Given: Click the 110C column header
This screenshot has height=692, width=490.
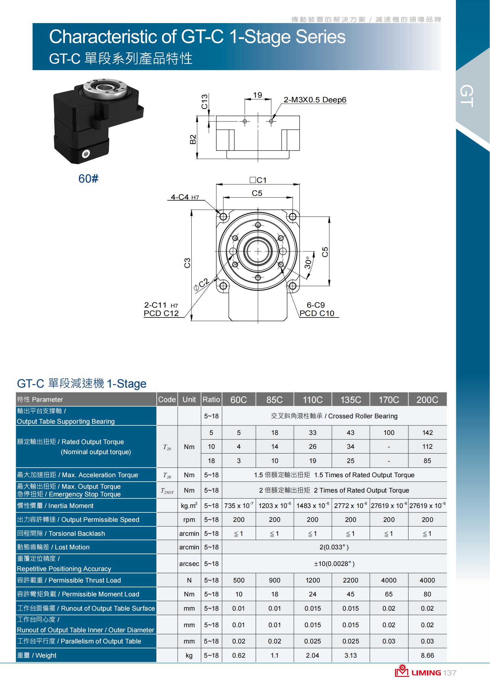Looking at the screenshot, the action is tap(313, 400).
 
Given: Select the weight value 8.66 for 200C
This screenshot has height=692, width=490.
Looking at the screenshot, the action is tap(427, 655).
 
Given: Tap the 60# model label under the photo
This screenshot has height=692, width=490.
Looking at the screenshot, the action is tap(88, 179).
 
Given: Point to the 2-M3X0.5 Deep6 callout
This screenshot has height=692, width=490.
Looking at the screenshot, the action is tap(315, 100).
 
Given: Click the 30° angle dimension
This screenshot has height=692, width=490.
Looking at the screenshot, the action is tap(308, 262).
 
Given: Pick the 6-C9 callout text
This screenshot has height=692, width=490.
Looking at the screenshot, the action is tap(316, 305).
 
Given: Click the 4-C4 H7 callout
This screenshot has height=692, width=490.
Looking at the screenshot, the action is tap(185, 197).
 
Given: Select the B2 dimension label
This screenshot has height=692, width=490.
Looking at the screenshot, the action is tap(193, 139).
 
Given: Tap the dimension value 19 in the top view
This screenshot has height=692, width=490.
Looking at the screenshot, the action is tap(257, 95).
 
